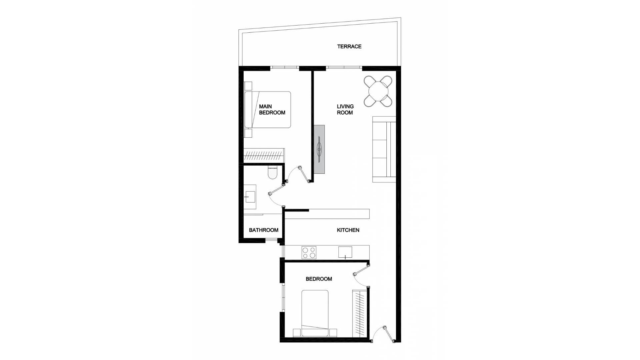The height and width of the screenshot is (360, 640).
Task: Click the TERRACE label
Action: [349, 47]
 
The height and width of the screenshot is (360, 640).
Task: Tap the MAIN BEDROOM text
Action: [272, 110]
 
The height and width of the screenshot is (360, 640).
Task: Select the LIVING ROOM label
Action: [345, 110]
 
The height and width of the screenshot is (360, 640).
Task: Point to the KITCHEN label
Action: [348, 230]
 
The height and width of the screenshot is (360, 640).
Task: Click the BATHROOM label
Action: [263, 230]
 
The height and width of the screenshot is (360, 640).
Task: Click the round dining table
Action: [377, 91]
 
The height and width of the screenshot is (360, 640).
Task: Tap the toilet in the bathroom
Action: [272, 172]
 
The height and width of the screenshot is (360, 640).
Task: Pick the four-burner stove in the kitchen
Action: [309, 252]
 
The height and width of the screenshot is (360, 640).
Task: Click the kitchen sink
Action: [345, 252]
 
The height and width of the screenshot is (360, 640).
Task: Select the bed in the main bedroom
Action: [268, 110]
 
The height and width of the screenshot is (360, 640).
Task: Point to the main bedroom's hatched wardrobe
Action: [264, 156]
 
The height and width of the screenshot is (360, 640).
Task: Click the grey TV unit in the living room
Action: [319, 149]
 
